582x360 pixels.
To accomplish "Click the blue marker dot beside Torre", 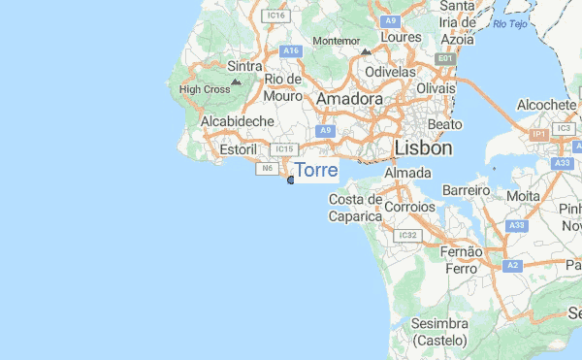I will (x=291, y=180).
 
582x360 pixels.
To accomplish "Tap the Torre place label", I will (x=316, y=171).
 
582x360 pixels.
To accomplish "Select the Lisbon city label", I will (x=424, y=147).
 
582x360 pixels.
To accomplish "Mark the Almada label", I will (x=407, y=173).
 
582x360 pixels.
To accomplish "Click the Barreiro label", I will (x=467, y=191).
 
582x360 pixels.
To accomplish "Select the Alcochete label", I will (x=547, y=105).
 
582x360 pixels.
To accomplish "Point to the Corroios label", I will (x=410, y=207).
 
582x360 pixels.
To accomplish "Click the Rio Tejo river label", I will (x=514, y=23).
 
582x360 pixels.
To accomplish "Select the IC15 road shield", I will (x=283, y=149).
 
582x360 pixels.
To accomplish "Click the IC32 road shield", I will (x=406, y=235).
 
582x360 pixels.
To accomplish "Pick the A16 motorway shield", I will (x=289, y=50).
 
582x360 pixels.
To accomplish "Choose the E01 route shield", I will (x=445, y=59).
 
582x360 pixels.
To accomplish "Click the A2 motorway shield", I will (x=513, y=264).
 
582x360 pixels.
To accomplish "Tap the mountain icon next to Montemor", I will (x=365, y=51).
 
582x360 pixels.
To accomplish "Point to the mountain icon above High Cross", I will (x=236, y=82).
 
